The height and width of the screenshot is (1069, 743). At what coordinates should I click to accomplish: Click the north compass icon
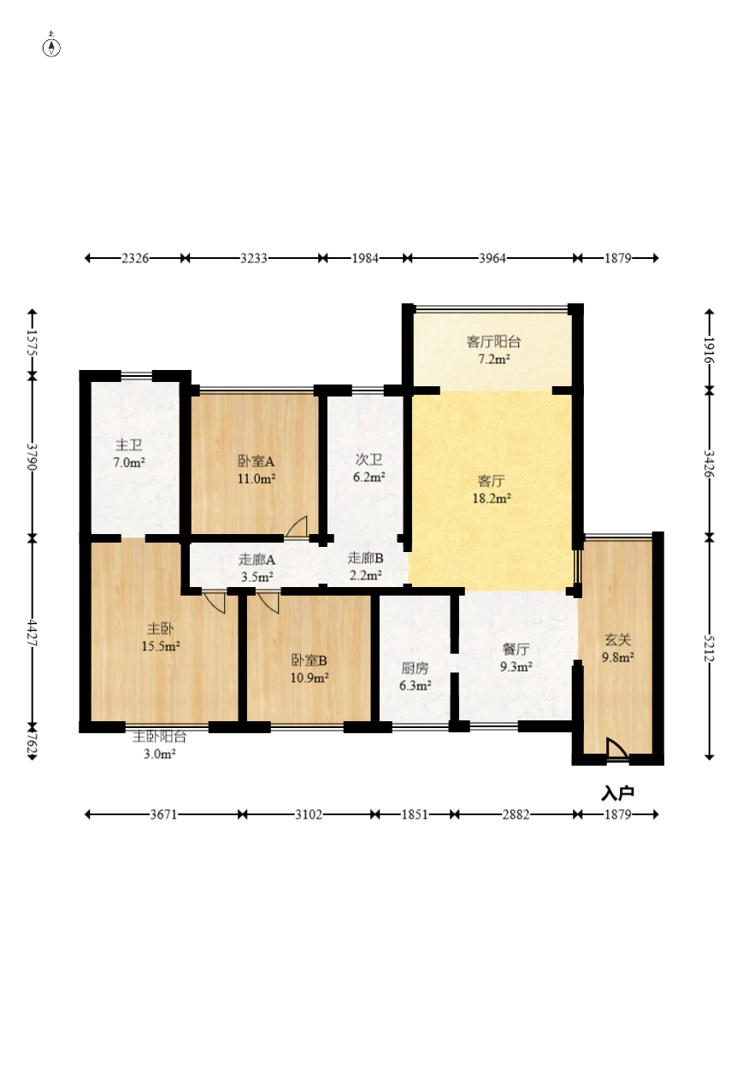tap(52, 47)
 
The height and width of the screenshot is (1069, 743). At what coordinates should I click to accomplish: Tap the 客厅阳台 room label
tap(493, 342)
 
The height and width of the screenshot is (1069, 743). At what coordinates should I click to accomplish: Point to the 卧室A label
tap(256, 460)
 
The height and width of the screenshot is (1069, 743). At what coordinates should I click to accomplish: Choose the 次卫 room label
tap(369, 460)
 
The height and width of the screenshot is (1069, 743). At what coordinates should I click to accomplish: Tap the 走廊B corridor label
tap(365, 558)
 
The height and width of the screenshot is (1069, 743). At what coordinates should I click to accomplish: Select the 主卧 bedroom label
tap(160, 628)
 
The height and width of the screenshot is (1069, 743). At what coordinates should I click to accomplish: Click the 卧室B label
tap(309, 660)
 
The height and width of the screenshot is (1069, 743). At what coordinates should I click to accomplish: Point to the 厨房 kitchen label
tap(415, 668)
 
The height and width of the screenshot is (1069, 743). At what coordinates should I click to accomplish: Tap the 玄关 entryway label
tap(618, 639)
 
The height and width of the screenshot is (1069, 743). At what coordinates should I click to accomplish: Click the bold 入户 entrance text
tap(617, 794)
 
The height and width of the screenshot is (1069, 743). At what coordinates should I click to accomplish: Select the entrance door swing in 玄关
tap(616, 749)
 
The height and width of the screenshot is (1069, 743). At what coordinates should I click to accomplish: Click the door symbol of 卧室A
tap(297, 527)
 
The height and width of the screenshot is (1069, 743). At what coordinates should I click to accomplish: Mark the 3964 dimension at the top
tap(492, 258)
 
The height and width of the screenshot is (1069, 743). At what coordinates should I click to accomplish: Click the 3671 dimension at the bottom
tap(163, 814)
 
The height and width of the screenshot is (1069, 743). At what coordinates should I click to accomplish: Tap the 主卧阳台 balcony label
tap(159, 737)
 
